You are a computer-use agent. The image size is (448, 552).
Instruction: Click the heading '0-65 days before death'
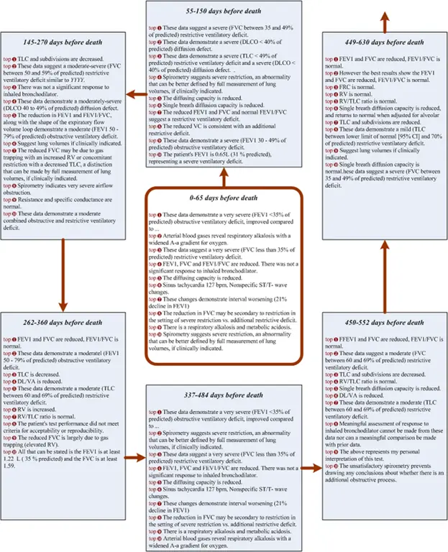coord(224,198)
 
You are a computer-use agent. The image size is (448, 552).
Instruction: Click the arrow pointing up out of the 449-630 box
coord(382,16)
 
